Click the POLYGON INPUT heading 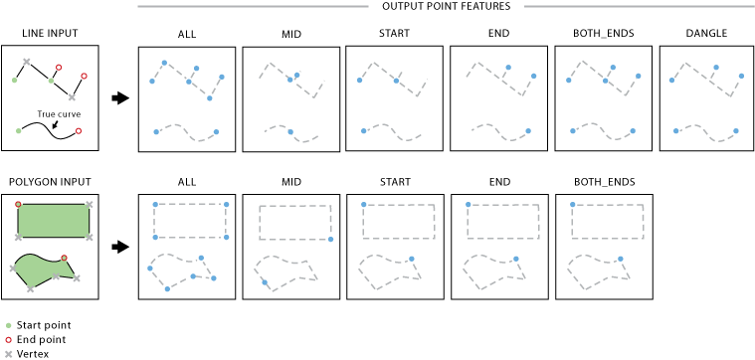tap(50, 182)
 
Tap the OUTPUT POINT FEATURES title tap(446, 6)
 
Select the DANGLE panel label tap(706, 34)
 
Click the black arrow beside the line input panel tap(120, 98)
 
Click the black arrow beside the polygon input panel tap(120, 247)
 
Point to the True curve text tap(59, 114)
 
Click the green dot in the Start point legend tap(8, 325)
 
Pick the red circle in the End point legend tap(8, 339)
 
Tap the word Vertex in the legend tap(32, 353)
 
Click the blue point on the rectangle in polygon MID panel tap(330, 240)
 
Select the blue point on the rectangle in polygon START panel tap(363, 205)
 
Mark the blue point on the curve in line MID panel tap(289, 132)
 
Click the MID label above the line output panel tap(290, 34)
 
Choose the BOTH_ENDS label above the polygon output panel tap(604, 182)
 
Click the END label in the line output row tap(498, 34)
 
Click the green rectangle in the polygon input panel tap(53, 220)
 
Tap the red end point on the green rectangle tap(18, 204)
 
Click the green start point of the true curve tap(19, 130)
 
